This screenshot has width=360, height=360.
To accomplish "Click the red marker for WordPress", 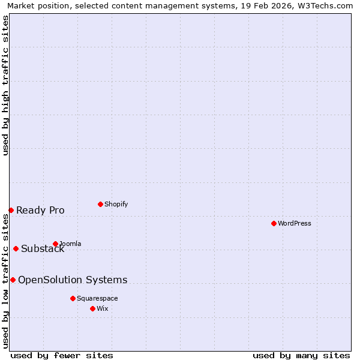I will (274, 223).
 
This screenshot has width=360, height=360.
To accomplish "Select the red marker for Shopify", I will (100, 204).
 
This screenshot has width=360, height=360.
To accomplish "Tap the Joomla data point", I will (55, 244).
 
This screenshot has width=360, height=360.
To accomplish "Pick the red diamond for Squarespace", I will (73, 298).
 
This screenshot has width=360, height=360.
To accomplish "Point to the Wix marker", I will (92, 308).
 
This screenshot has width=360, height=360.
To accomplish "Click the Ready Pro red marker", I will (11, 210).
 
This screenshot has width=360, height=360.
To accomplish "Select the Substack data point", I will (16, 248).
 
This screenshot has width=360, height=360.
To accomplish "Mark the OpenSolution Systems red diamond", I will (13, 280).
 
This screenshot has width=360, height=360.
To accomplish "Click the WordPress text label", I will (294, 223).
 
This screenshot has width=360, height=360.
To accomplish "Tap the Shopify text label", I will (116, 204).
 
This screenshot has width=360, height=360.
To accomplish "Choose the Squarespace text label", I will (97, 298).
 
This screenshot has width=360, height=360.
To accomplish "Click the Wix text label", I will (102, 308).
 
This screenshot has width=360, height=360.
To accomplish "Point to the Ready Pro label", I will (40, 210).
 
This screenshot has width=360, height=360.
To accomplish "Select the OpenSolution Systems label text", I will (73, 280).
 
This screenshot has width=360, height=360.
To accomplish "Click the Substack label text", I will (43, 249).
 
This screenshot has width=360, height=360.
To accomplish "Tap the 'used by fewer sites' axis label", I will (62, 355).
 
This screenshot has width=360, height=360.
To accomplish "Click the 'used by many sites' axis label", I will (301, 355).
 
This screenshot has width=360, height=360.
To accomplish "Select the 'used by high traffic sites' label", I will (5, 85).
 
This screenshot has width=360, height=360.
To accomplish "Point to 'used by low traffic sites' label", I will (5, 281).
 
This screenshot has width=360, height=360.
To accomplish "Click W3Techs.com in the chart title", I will (325, 5).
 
